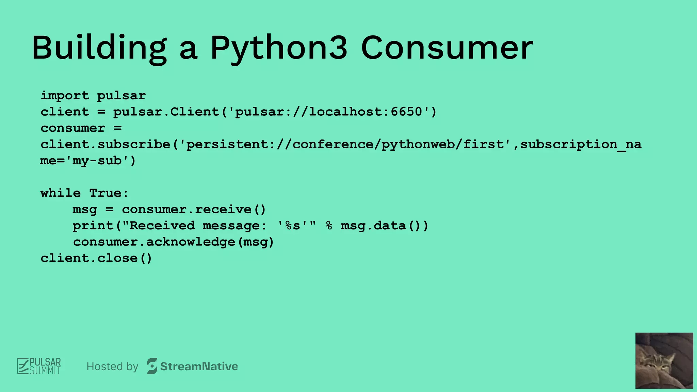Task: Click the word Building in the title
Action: (99, 48)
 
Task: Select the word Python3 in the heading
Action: (279, 48)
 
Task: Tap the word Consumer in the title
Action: (447, 48)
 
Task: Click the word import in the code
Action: (65, 96)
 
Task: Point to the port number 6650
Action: (406, 112)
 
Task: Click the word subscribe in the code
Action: (134, 144)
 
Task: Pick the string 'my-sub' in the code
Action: (97, 161)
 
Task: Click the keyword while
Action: (61, 193)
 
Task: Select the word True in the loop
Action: (105, 193)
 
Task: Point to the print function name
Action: (93, 226)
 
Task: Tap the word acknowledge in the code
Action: (191, 242)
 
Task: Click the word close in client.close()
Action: (117, 258)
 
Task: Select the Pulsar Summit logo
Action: (39, 366)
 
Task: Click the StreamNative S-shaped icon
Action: (152, 366)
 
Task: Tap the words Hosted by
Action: (112, 366)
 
